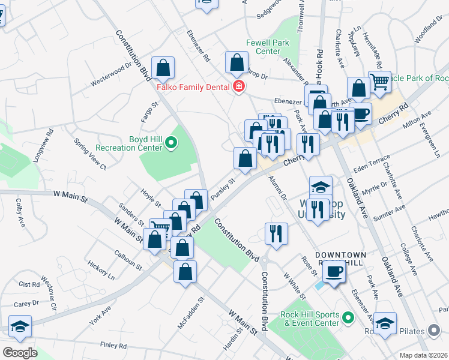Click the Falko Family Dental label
pos(193,87)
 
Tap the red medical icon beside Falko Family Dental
pos(239,87)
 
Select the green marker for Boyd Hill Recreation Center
pos(171,143)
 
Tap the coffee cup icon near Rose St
pos(334,271)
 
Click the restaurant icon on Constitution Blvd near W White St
pos(276,233)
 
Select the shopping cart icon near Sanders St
pos(160,229)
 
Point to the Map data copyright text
pos(423,355)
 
